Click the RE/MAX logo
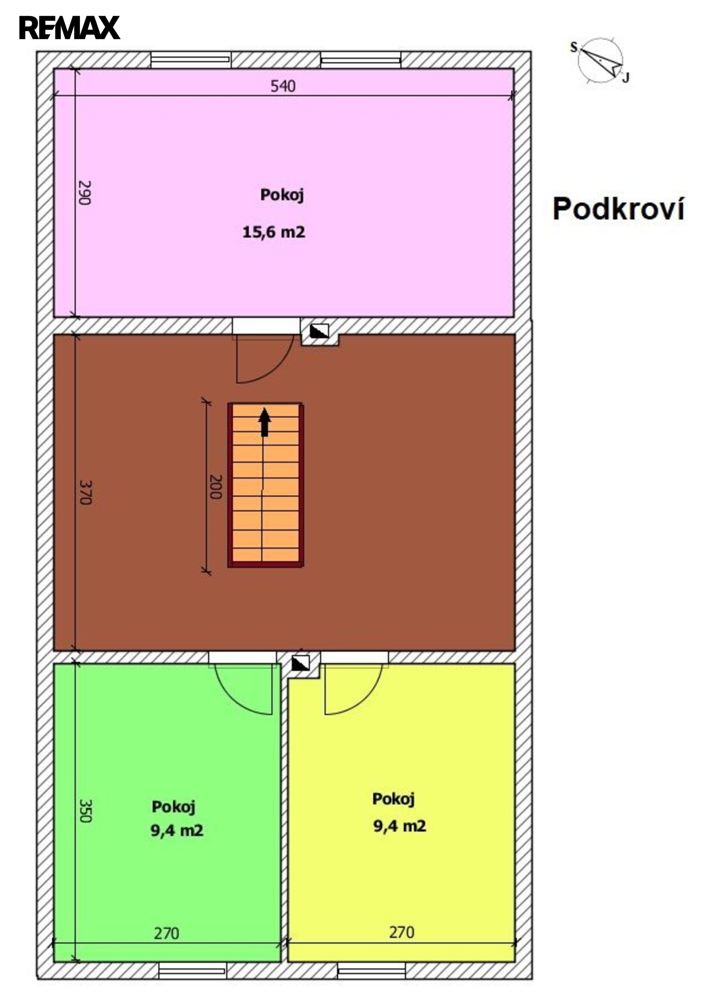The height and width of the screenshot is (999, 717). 69,27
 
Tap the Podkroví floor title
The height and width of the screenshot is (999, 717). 618,209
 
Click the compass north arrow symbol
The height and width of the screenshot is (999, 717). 600,61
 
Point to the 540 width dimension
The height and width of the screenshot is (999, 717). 283,86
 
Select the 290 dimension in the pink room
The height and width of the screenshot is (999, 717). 84,192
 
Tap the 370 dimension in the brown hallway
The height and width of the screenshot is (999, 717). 85,492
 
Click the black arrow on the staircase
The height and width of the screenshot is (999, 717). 264,422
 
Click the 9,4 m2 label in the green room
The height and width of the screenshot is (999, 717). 177,831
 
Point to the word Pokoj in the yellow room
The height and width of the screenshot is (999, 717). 393,799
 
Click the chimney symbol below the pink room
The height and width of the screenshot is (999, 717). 319,331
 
